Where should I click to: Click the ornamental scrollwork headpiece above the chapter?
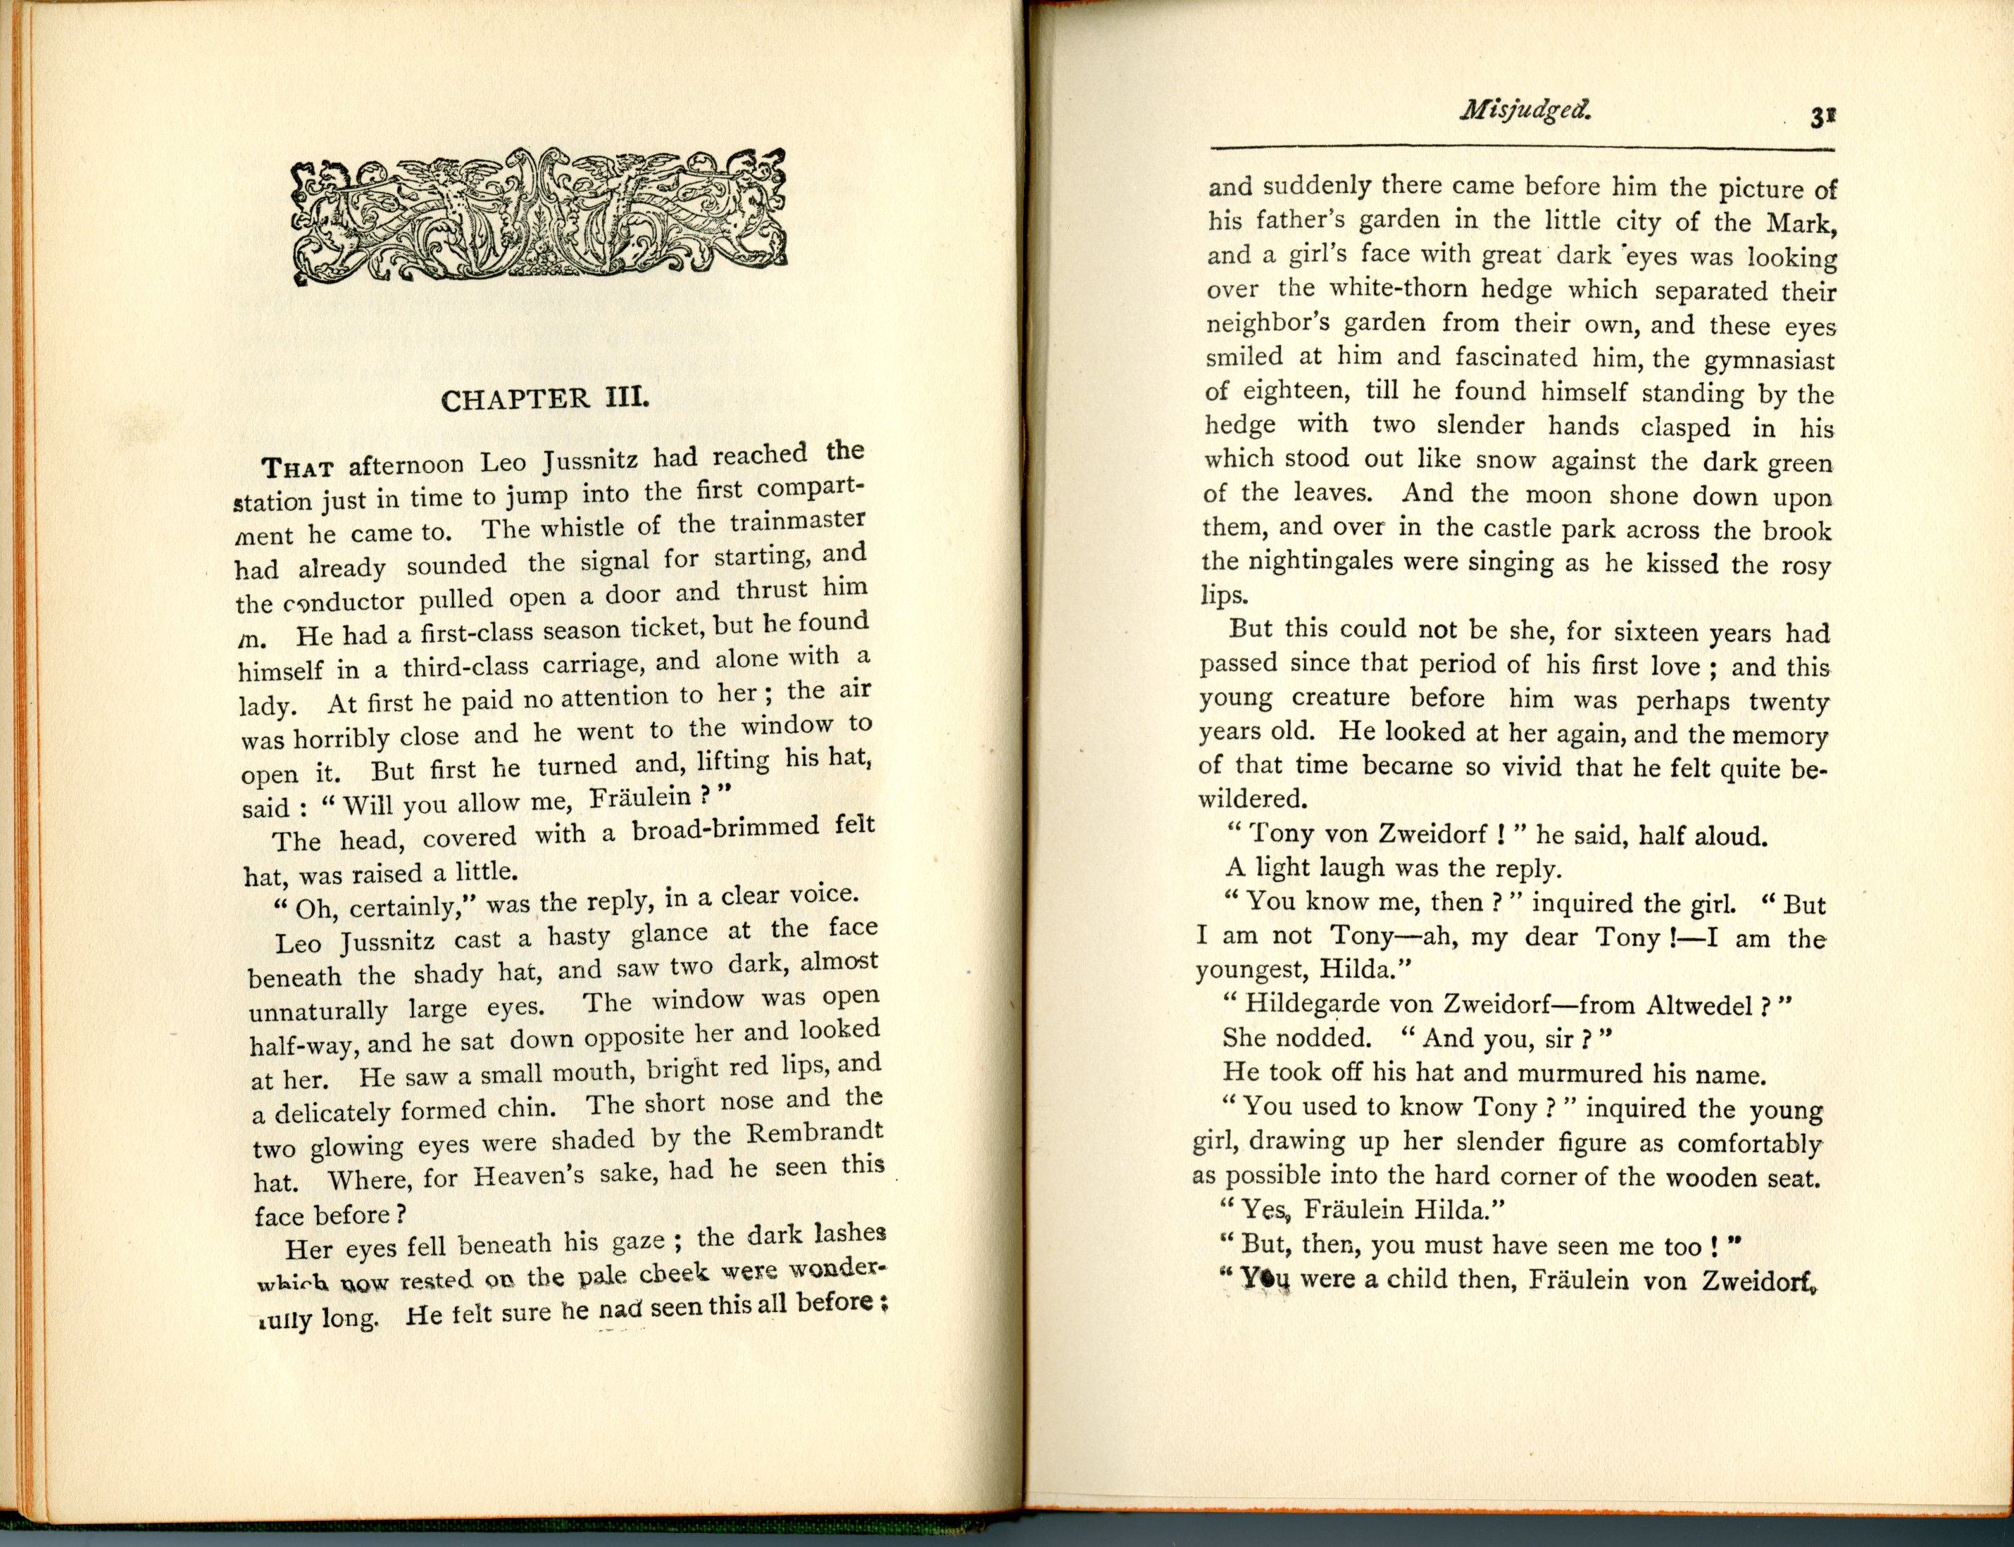coord(538,214)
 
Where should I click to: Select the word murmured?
coord(1587,1074)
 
